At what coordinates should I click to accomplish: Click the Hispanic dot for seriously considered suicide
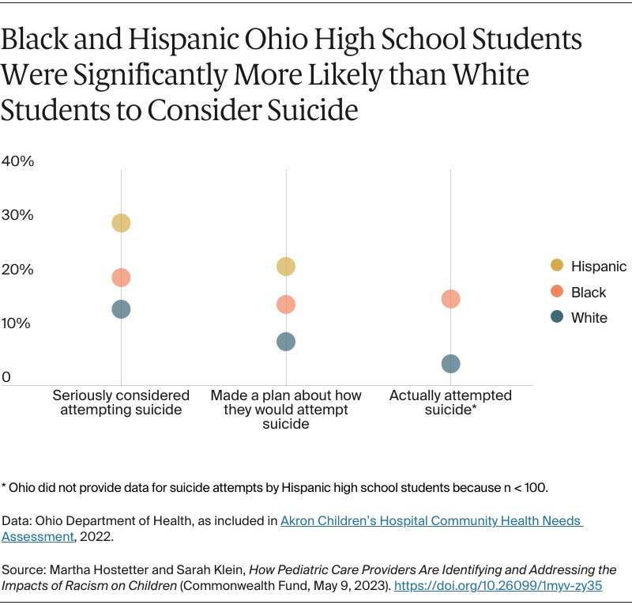[121, 223]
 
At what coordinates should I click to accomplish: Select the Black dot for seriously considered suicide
[121, 278]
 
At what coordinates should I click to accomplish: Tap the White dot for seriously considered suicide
[121, 309]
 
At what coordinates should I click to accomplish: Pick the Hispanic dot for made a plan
[286, 267]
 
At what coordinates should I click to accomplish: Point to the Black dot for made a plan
[286, 304]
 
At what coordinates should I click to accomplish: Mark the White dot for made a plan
[286, 342]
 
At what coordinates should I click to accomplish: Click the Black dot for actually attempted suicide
[451, 299]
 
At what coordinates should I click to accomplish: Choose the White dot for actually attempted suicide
[451, 364]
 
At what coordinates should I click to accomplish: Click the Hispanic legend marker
[557, 267]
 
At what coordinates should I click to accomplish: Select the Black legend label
[589, 293]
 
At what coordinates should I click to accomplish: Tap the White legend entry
[589, 318]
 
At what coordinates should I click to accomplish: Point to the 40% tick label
[17, 161]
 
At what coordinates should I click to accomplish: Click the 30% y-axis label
[17, 215]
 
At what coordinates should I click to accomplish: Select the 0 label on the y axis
[6, 378]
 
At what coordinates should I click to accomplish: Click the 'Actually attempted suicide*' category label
[450, 403]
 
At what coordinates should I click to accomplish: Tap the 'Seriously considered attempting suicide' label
[121, 403]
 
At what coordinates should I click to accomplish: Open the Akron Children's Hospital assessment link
[431, 521]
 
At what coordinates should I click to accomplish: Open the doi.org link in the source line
[498, 586]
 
